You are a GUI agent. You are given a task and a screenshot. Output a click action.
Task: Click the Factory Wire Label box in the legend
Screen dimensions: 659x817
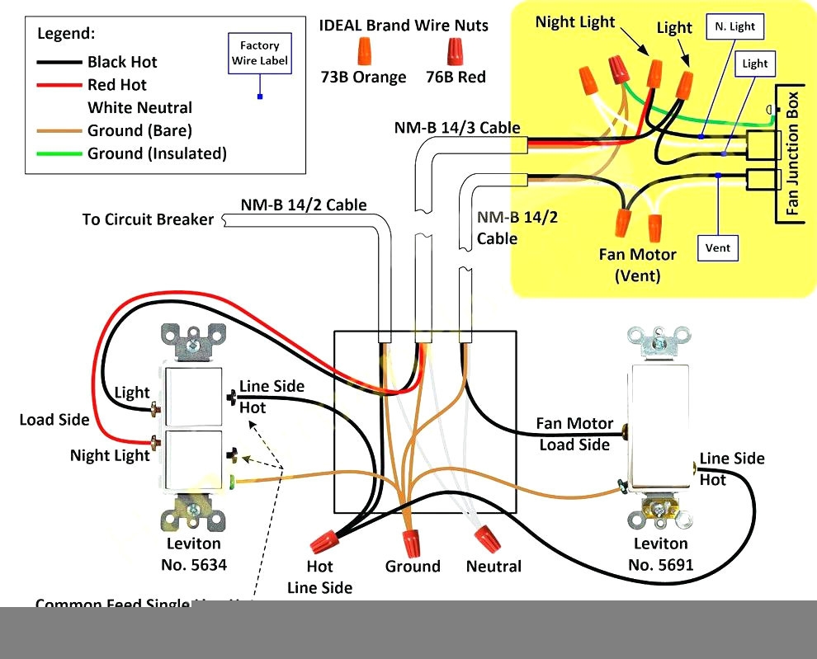[260, 53]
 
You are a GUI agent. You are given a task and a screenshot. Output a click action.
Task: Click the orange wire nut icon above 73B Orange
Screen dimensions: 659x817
[363, 53]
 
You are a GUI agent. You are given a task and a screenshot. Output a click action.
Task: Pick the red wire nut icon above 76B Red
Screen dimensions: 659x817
[456, 52]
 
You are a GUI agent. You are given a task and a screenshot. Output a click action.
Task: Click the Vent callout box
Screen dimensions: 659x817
[718, 247]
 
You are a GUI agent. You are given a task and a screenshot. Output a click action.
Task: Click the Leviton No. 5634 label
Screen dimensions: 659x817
[194, 554]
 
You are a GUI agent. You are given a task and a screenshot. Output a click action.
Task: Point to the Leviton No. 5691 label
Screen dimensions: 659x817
[660, 554]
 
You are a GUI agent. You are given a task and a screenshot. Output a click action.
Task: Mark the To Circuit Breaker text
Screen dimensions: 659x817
[148, 219]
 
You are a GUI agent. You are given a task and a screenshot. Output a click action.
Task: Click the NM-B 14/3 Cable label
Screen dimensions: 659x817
[456, 128]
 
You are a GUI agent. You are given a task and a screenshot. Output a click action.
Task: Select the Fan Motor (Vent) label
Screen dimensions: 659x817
[637, 265]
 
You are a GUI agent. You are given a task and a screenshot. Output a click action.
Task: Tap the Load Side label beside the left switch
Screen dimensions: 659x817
[54, 420]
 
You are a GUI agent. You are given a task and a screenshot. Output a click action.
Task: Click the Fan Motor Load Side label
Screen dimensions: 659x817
[575, 434]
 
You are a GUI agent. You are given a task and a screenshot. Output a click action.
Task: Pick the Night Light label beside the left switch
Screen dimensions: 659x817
[110, 455]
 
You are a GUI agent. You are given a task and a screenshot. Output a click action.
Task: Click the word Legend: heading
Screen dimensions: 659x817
[66, 34]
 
